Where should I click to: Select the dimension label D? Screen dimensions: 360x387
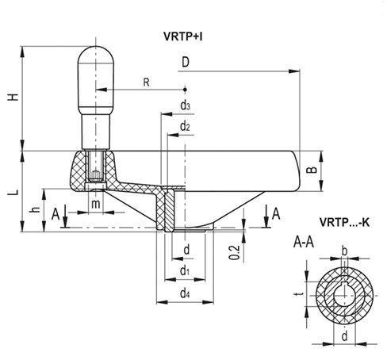(x=184, y=62)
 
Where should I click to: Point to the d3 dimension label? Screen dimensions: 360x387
(x=184, y=105)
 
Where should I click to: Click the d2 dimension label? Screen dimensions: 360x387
(x=184, y=126)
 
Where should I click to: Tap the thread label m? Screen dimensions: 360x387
(x=95, y=205)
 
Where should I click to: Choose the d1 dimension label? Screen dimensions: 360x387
(x=184, y=270)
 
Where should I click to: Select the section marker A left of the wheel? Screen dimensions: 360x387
(x=55, y=213)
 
